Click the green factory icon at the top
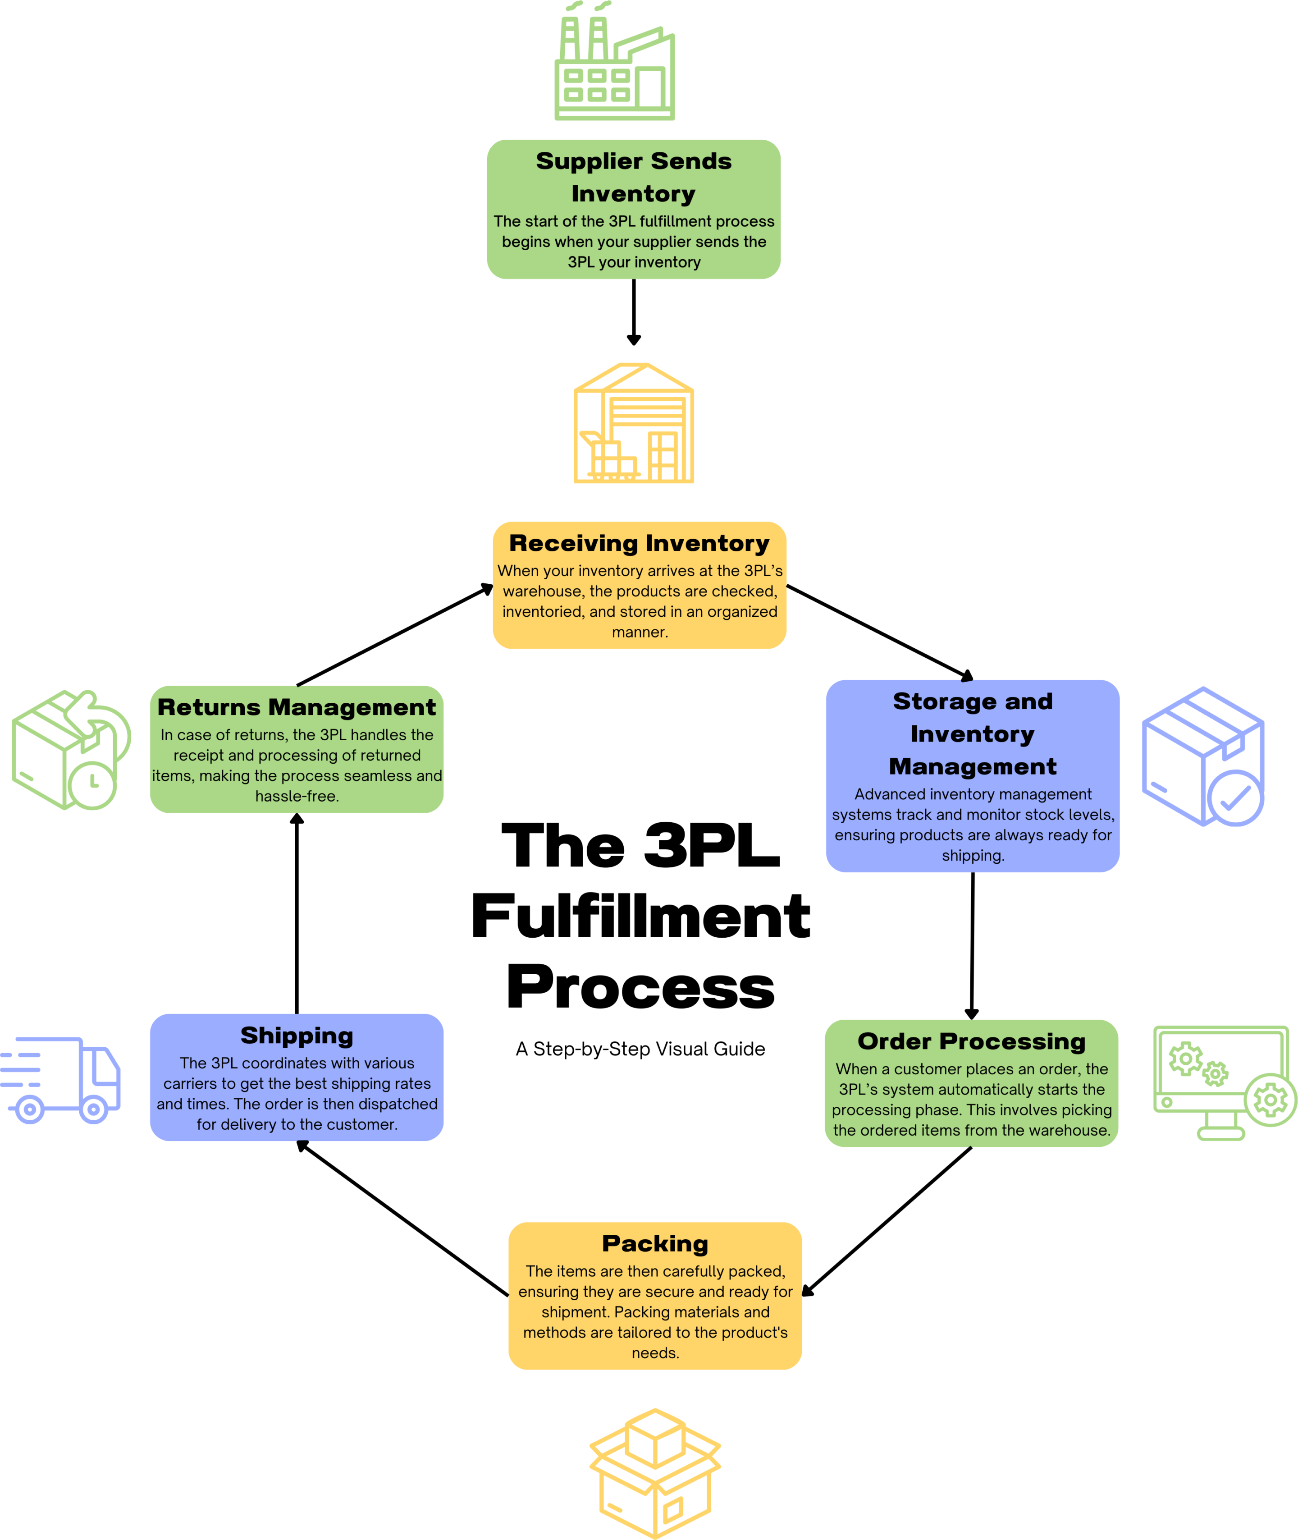[614, 63]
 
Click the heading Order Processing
[971, 1042]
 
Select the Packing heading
[655, 1243]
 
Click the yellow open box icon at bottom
[655, 1472]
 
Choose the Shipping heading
[297, 1036]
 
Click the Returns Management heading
[297, 707]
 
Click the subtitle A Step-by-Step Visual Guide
[640, 1049]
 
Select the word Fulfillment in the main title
[640, 917]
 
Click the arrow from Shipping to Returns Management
[297, 913]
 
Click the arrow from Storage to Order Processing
[972, 946]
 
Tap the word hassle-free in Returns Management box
[297, 797]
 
